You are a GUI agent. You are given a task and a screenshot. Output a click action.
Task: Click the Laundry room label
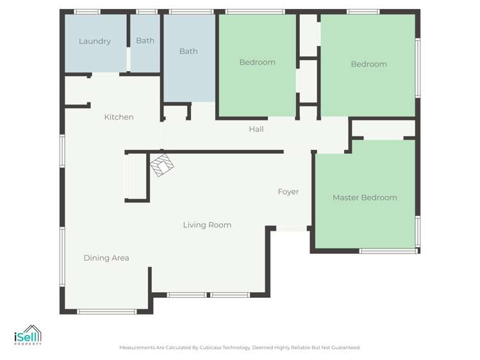click(x=95, y=42)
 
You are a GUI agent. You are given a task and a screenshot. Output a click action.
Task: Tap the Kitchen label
click(x=119, y=117)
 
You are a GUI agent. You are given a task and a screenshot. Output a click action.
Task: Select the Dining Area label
click(x=106, y=258)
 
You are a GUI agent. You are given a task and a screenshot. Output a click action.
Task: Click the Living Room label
click(x=207, y=225)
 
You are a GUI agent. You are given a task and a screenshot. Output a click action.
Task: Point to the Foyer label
click(x=288, y=192)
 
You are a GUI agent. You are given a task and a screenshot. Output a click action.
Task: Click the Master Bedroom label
click(x=364, y=198)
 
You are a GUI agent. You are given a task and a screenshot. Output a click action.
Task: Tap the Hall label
click(x=256, y=129)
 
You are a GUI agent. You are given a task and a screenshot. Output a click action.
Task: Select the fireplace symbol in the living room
click(x=161, y=165)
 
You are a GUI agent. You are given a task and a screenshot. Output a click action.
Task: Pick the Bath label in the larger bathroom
click(x=188, y=51)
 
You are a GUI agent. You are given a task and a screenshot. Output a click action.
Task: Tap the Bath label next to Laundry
click(x=145, y=41)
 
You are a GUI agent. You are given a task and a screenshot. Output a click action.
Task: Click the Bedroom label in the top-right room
click(x=368, y=64)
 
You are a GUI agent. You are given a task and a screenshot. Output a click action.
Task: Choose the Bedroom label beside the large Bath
click(x=257, y=62)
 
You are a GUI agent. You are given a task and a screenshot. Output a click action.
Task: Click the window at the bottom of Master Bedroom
click(x=386, y=251)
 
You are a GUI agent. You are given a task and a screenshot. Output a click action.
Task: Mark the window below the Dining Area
click(x=106, y=311)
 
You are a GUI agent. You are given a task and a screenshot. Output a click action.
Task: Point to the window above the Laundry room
click(x=87, y=12)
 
